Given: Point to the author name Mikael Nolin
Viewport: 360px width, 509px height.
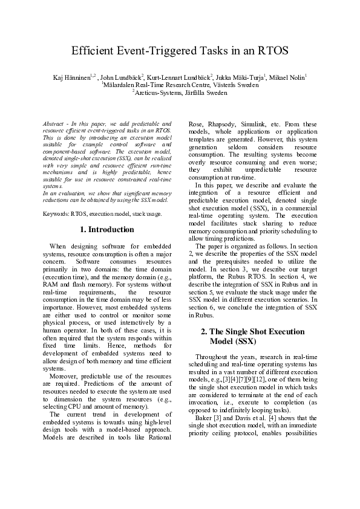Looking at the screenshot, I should [287, 77].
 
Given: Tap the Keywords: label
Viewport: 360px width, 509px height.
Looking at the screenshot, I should [57, 214].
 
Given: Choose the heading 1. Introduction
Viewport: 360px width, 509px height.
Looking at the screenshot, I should [107, 230].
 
